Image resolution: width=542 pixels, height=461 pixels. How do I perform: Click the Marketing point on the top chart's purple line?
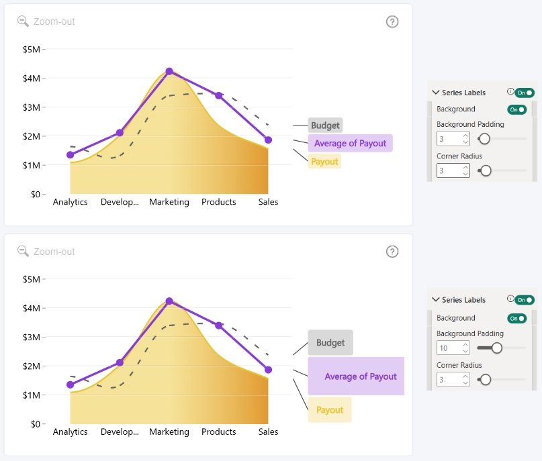(169, 72)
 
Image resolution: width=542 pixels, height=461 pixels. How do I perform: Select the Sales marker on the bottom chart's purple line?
(268, 370)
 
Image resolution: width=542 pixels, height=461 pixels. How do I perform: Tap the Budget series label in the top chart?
(325, 125)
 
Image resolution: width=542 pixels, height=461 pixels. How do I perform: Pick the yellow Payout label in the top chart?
(324, 162)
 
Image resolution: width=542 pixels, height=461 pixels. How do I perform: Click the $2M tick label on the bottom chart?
(32, 366)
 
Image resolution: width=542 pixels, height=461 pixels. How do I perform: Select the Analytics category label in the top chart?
(70, 202)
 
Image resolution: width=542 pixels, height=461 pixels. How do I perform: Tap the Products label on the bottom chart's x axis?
(219, 431)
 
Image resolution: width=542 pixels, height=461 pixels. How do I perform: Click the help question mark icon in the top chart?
(392, 21)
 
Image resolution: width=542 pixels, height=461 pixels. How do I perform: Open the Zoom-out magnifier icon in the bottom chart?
(23, 251)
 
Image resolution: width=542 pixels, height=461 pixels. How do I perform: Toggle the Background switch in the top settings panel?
(516, 109)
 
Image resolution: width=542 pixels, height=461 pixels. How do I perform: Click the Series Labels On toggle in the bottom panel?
(525, 300)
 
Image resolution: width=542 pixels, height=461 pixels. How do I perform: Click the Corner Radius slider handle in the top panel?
(486, 170)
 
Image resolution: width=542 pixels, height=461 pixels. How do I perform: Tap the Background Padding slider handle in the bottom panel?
(497, 348)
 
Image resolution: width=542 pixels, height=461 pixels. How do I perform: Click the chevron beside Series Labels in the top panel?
(436, 93)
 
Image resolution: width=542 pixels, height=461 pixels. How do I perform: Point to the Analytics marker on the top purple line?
(70, 155)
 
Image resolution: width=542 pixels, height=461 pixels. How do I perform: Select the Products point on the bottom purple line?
(219, 325)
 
